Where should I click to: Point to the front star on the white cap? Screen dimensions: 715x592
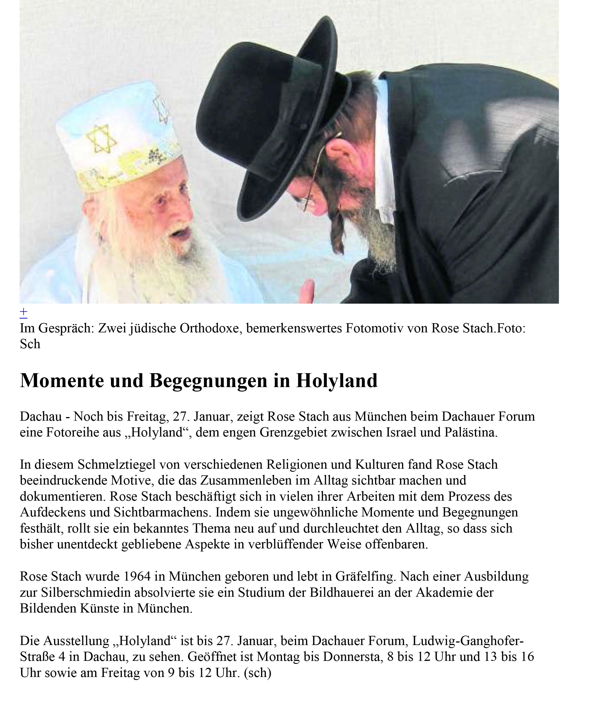click(101, 139)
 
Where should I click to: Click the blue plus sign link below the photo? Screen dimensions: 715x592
click(24, 312)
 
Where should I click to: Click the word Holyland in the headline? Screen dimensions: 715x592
click(337, 381)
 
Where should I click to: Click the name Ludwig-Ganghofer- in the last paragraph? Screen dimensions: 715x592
click(468, 641)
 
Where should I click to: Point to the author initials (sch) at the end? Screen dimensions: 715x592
click(257, 673)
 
